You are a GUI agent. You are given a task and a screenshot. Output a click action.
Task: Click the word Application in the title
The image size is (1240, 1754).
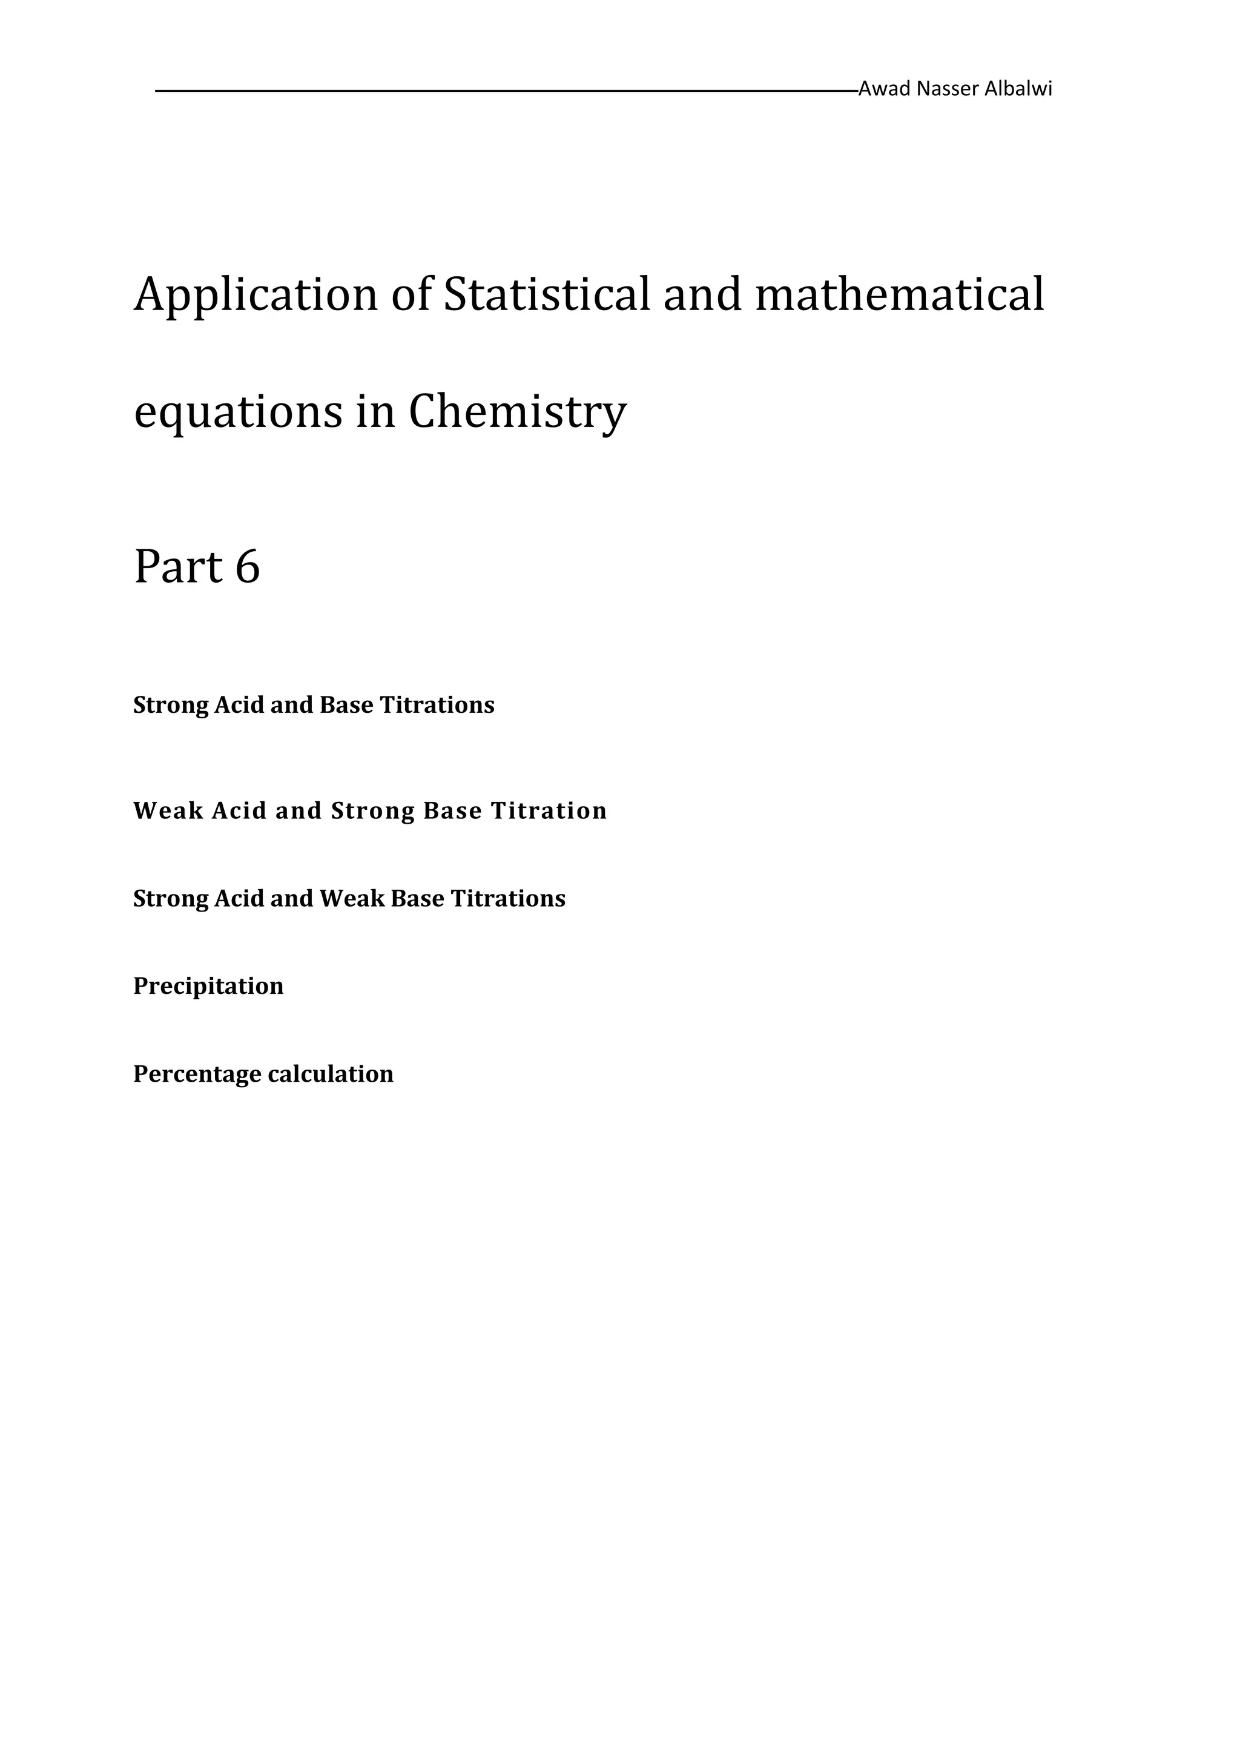(x=256, y=296)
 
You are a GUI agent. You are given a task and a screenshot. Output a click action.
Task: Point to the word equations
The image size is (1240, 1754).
(x=238, y=412)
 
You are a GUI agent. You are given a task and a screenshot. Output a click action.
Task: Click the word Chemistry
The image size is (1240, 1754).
(x=517, y=412)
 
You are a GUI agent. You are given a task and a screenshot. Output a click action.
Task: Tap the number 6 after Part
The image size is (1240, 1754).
(x=248, y=567)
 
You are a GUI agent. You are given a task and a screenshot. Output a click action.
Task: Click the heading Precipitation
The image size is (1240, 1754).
(x=208, y=986)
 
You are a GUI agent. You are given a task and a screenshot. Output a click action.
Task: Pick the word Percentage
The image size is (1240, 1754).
(x=197, y=1074)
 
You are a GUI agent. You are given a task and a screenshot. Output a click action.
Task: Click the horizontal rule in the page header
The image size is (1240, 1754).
(x=504, y=91)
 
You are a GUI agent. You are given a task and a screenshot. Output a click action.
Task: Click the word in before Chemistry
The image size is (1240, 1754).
(x=375, y=412)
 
